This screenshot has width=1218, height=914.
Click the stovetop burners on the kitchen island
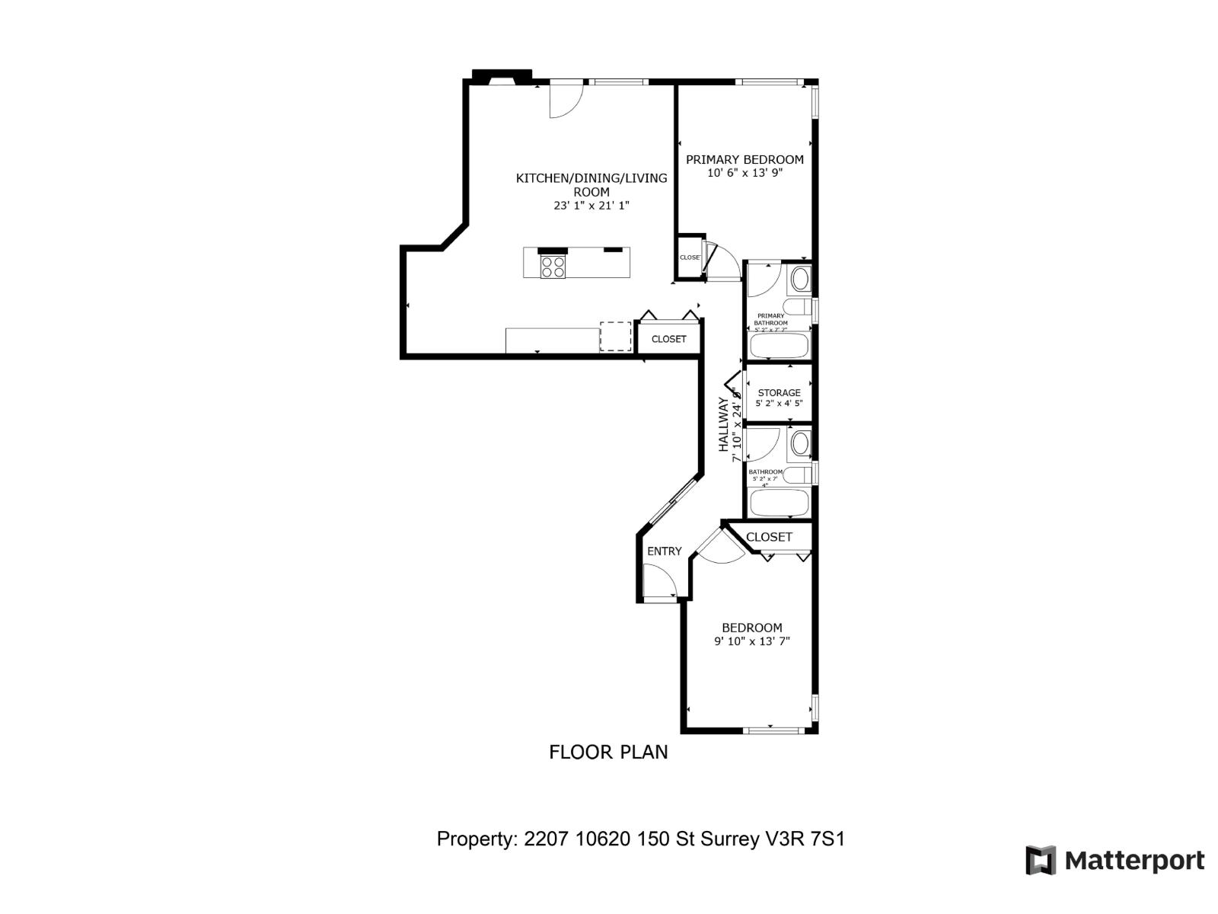[553, 267]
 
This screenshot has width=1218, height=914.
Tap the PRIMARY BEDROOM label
[745, 159]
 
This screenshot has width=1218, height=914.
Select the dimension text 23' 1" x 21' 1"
[591, 206]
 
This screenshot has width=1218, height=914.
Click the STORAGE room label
[779, 393]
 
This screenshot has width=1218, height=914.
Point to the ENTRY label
[664, 551]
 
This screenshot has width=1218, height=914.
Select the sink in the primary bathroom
[800, 280]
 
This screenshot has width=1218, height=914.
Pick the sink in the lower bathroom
[800, 443]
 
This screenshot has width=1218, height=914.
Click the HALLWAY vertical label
[723, 425]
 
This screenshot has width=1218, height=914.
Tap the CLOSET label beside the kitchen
[668, 339]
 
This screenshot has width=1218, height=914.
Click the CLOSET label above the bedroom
[769, 537]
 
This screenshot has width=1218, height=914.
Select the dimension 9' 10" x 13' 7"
[751, 641]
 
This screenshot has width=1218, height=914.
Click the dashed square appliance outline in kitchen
[616, 337]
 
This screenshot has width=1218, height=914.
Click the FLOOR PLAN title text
[608, 752]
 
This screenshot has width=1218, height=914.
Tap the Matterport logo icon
[1041, 860]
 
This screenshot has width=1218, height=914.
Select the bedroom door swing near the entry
[719, 548]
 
